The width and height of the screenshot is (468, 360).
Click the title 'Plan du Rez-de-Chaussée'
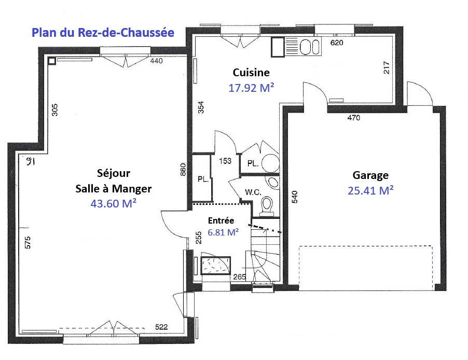pos(103,33)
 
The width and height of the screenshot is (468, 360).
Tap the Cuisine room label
pos(251,73)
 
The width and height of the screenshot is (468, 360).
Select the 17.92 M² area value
pos(251,88)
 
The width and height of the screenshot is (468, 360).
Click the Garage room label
pos(370,175)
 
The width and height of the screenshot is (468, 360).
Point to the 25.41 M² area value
pos(370,190)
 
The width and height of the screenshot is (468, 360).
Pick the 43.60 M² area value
pos(114,203)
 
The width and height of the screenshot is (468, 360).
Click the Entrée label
pos(221,220)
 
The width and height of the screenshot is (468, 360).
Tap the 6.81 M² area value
pos(223,232)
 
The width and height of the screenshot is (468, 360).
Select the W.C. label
pos(253,192)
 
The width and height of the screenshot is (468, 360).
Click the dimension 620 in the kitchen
pos(337,43)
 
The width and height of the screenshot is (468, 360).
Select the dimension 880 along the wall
pos(183,170)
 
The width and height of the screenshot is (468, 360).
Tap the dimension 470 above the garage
pos(354,118)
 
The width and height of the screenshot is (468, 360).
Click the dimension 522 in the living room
pos(161,327)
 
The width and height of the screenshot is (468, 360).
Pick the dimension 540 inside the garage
pos(294,197)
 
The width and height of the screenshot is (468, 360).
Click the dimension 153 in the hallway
pos(225,161)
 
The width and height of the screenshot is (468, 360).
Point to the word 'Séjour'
pos(114,173)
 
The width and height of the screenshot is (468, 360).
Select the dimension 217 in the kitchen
pos(386,67)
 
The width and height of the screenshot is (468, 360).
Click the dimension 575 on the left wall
pos(27,242)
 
